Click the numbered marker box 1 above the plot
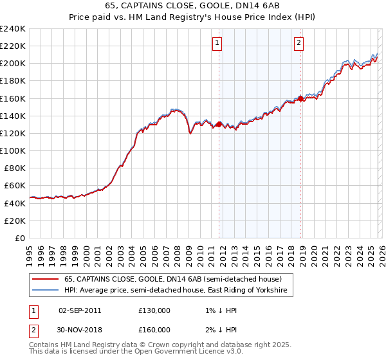217,43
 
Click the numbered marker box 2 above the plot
300,43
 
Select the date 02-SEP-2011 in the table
79,310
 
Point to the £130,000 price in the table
154,310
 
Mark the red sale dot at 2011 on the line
219,124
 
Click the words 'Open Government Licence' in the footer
174,353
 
